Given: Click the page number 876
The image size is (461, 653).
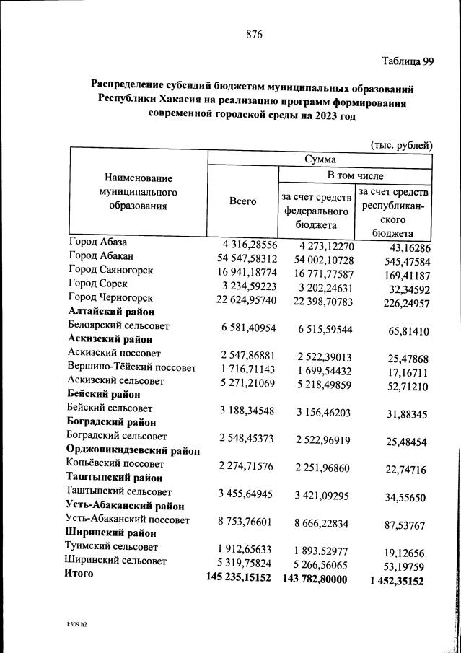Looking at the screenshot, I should tap(253, 33).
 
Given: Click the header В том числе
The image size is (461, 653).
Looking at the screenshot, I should tap(355, 175).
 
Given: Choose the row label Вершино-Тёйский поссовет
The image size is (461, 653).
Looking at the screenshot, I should tap(131, 367).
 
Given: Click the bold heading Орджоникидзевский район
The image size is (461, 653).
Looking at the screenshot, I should tap(133, 450).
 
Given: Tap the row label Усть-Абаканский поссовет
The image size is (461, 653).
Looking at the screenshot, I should tap(127, 520).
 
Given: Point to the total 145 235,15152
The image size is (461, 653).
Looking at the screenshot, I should tap(238, 578).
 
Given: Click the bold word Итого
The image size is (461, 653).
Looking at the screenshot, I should tap(79, 574).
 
